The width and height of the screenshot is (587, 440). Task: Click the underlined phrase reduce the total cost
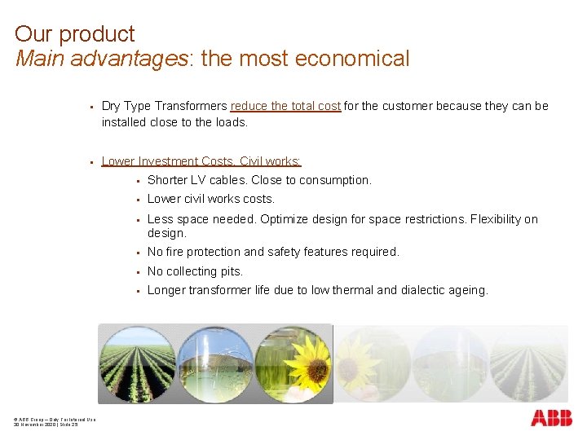pyautogui.click(x=285, y=106)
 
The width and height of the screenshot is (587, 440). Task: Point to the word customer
pyautogui.click(x=404, y=106)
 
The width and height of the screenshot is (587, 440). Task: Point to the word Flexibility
pyautogui.click(x=492, y=219)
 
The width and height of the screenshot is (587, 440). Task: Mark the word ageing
pyautogui.click(x=467, y=290)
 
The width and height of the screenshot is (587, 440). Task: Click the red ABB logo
pyautogui.click(x=551, y=419)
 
